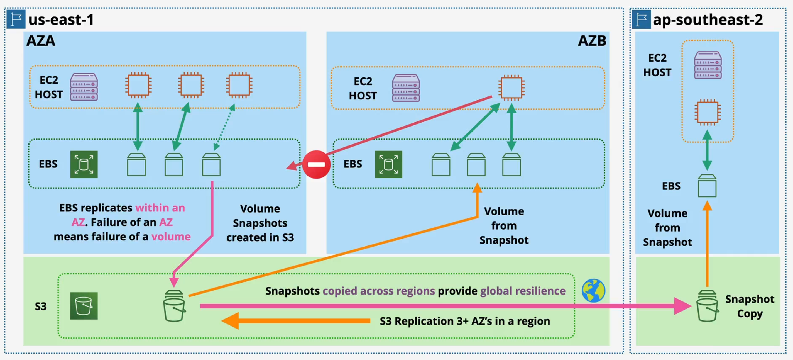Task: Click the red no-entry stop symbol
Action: click(x=316, y=164)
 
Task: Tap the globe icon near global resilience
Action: click(x=593, y=291)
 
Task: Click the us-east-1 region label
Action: click(x=61, y=20)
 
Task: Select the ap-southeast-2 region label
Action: click(x=708, y=20)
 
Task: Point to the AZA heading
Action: click(x=41, y=41)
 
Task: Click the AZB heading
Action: click(x=592, y=41)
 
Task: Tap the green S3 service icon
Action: click(x=84, y=306)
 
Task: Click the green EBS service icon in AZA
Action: click(x=84, y=164)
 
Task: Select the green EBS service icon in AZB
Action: click(x=388, y=164)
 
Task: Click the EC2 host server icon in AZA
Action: click(x=84, y=87)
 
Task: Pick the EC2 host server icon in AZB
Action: click(x=406, y=88)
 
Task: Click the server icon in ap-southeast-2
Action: click(x=708, y=65)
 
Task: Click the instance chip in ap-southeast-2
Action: click(x=708, y=112)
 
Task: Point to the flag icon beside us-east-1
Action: click(x=16, y=20)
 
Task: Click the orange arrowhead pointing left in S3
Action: click(x=231, y=321)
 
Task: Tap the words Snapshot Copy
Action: click(x=750, y=307)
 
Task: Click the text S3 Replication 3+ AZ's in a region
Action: click(x=464, y=321)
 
